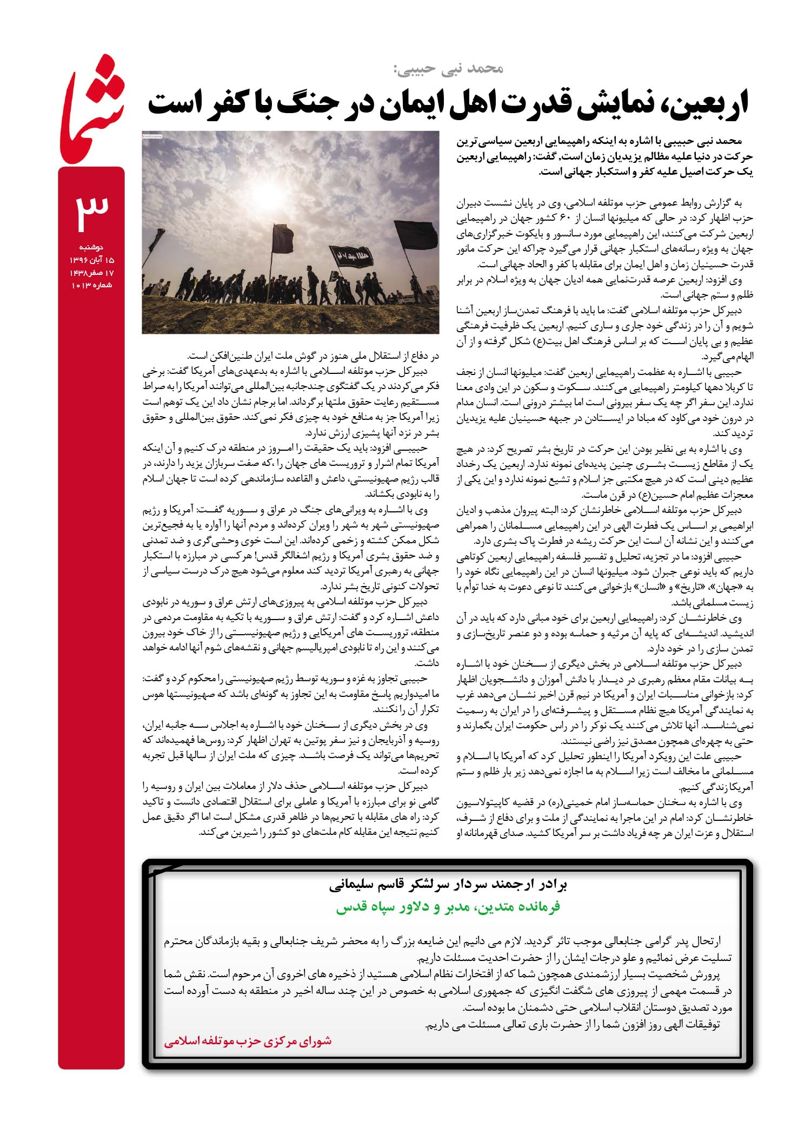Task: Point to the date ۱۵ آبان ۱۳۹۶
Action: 91,260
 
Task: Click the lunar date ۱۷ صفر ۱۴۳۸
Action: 91,272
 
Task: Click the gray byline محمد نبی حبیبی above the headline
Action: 449,69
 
